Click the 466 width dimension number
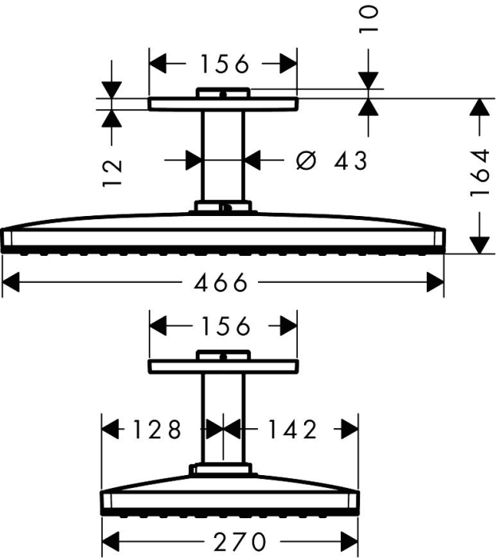pyautogui.click(x=221, y=282)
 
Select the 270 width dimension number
pyautogui.click(x=240, y=542)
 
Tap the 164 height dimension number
pyautogui.click(x=479, y=174)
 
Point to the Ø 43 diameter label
pyautogui.click(x=331, y=160)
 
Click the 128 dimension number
pyautogui.click(x=157, y=429)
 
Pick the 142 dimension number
pyautogui.click(x=292, y=429)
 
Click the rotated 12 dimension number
pyautogui.click(x=112, y=173)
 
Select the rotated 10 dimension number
pyautogui.click(x=368, y=19)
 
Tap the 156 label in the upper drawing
pyautogui.click(x=225, y=64)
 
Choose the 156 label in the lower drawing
pyautogui.click(x=226, y=326)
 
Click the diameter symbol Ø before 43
pyautogui.click(x=306, y=160)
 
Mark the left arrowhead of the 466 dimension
pyautogui.click(x=10, y=282)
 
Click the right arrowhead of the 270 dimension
pyautogui.click(x=350, y=542)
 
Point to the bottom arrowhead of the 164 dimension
pyautogui.click(x=479, y=246)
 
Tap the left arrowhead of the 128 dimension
pyautogui.click(x=110, y=429)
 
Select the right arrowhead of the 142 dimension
pyautogui.click(x=350, y=429)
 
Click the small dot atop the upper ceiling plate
pyautogui.click(x=223, y=95)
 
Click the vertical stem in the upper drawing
pyautogui.click(x=223, y=156)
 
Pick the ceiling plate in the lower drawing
pyautogui.click(x=223, y=367)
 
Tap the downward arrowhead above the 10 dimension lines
pyautogui.click(x=368, y=81)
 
